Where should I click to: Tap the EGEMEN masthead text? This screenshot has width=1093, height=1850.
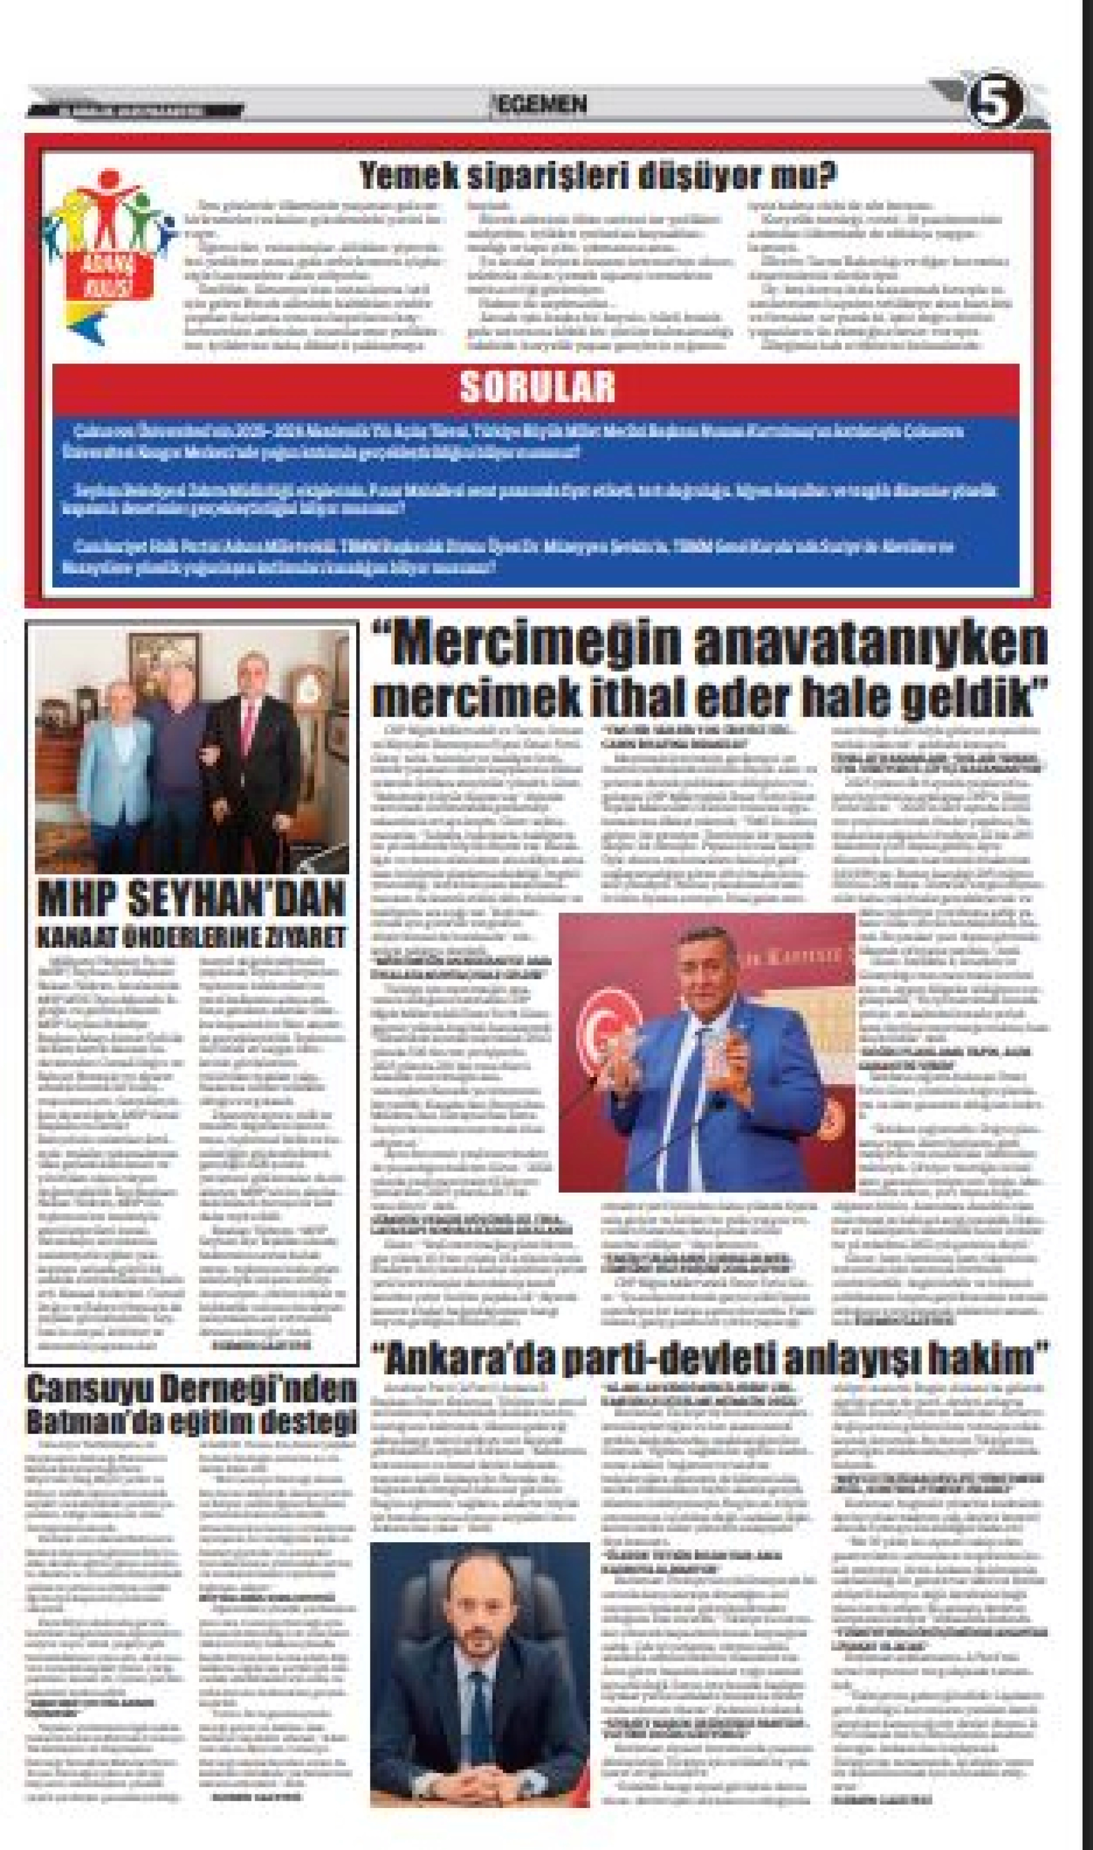point(541,105)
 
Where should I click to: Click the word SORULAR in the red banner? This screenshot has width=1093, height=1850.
point(537,386)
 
